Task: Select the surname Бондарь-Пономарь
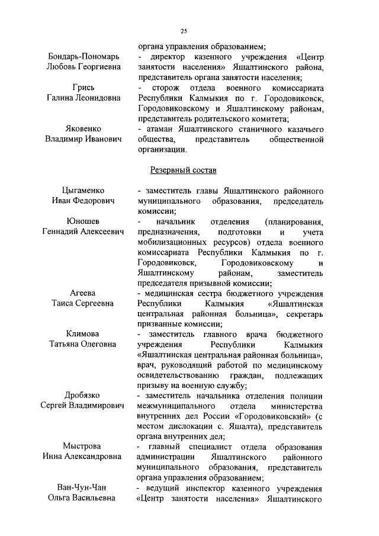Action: pos(83,56)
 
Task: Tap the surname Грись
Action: pos(83,88)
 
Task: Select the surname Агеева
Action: pos(83,293)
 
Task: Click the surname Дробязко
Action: pos(83,395)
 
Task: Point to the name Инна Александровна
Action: pos(83,457)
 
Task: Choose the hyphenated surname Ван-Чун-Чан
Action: pos(83,487)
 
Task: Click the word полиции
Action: pos(307,395)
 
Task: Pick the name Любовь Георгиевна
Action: pos(83,67)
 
